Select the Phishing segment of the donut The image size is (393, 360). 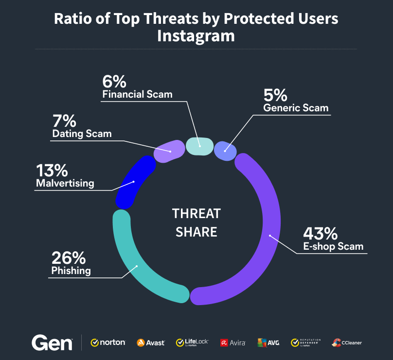pos(137,266)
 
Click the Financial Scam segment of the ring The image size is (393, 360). pos(200,145)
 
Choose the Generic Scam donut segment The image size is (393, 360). pos(225,150)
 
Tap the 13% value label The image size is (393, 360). pos(51,171)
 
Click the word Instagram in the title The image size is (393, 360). pos(196,36)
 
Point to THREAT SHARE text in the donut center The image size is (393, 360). pos(196,223)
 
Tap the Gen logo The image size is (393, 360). pos(52,343)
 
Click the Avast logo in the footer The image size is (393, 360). pos(151,343)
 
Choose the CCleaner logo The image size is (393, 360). pos(347,343)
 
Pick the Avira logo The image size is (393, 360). pos(232,343)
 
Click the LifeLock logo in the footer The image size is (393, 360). pos(192,343)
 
